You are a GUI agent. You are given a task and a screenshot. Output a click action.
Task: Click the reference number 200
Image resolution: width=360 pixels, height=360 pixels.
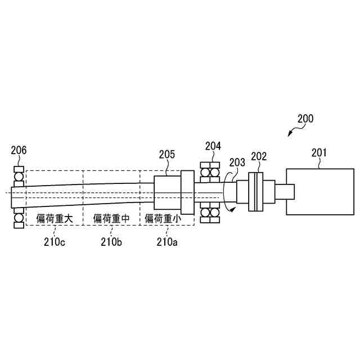click(305, 119)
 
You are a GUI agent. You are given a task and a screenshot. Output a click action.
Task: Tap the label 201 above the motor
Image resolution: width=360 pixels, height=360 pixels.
click(319, 152)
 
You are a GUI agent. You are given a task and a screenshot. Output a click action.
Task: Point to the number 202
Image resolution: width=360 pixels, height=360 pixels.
click(259, 156)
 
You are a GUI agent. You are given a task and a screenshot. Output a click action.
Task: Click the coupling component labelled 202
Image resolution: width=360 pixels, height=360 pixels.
click(256, 192)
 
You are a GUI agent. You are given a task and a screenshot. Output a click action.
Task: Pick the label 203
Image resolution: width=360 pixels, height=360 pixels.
click(237, 163)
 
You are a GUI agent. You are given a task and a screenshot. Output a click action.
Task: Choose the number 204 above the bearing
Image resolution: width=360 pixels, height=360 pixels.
click(213, 146)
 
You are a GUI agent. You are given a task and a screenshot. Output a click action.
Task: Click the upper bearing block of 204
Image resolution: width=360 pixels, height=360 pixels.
click(210, 172)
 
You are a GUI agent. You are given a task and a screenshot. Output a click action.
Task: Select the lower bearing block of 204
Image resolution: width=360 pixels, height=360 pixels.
click(210, 214)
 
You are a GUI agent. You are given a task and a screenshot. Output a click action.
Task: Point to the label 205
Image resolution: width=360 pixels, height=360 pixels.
click(167, 154)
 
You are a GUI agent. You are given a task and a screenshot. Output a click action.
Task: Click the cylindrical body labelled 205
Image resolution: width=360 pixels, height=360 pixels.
click(168, 193)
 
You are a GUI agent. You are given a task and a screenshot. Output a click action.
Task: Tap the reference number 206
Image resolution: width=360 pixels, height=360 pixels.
click(19, 150)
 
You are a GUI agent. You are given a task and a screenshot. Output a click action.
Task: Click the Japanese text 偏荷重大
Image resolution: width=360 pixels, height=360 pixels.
click(55, 218)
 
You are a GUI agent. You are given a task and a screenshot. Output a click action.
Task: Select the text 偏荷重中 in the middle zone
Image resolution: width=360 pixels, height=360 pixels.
click(111, 218)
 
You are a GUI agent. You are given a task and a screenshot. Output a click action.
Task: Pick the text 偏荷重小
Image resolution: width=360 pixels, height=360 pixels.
click(164, 218)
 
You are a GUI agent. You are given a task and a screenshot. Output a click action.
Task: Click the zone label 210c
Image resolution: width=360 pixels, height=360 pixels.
click(56, 242)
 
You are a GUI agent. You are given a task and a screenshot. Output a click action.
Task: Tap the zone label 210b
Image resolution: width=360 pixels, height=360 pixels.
click(111, 242)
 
